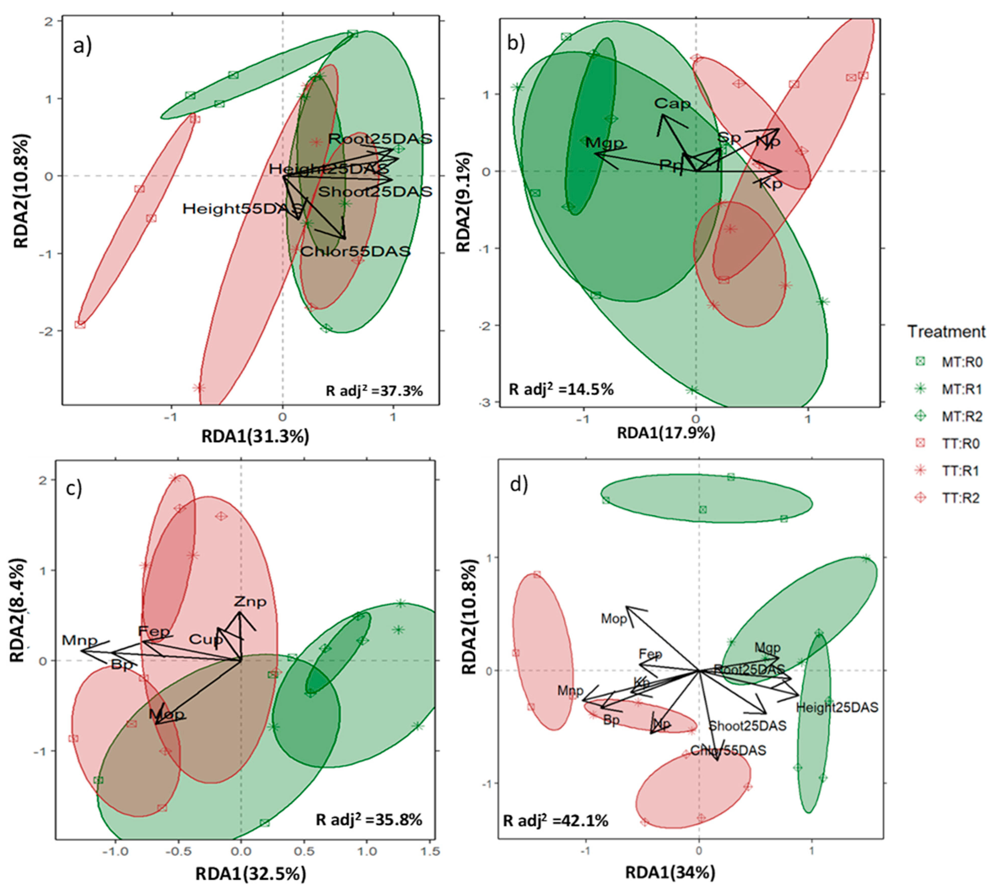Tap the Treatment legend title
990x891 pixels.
coord(946,332)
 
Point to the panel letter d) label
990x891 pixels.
coord(519,485)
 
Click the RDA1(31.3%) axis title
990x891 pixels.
coord(255,436)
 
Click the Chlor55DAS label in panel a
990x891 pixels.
coord(355,252)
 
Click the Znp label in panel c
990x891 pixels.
coord(250,601)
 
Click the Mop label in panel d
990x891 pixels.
coord(614,619)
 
